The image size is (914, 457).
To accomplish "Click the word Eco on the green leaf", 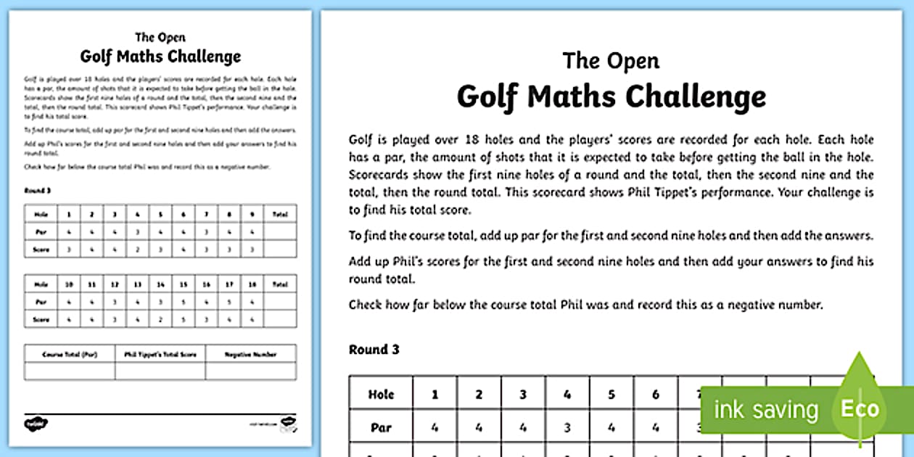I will tap(860, 409).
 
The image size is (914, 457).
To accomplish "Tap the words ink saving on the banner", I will tap(765, 410).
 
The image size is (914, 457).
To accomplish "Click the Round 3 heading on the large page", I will tap(374, 350).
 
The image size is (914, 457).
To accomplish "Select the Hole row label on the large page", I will tap(381, 395).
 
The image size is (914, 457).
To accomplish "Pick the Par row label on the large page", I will tap(381, 428).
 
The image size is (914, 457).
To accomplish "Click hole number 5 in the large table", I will tap(612, 395).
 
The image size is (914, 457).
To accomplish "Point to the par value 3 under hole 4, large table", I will tap(567, 428).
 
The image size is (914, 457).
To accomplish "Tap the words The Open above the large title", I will tap(611, 60).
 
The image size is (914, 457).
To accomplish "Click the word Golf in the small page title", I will tap(95, 57).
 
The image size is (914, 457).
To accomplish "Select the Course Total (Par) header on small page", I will tap(70, 354).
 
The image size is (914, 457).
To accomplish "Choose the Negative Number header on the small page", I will tap(250, 354).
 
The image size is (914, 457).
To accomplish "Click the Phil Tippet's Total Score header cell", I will tap(160, 354).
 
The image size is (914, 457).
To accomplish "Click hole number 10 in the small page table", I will tap(70, 284).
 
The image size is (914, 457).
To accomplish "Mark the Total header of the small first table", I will tap(280, 215).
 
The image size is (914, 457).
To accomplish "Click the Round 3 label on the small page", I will tap(34, 190).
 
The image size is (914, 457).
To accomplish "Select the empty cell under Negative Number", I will tap(250, 371).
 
